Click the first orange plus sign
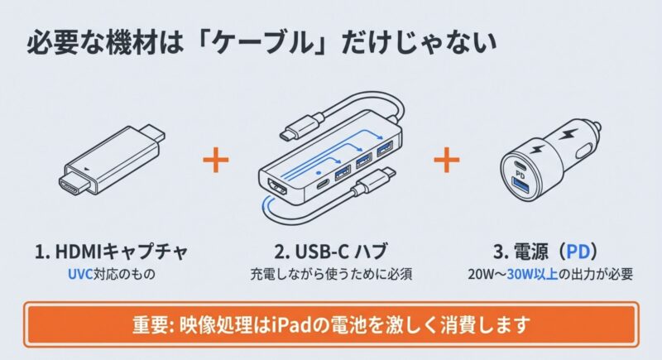pos(216,160)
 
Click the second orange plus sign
pos(447,160)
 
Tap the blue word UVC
pos(79,274)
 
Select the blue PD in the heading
pos(578,252)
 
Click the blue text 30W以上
pos(532,274)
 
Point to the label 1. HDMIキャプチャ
pos(112,252)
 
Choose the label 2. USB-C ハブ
pos(330,252)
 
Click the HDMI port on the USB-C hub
pos(278,189)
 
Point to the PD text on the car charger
pos(520,174)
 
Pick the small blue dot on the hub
pos(319,172)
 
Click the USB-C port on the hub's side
pos(323,185)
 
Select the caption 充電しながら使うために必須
pos(331,274)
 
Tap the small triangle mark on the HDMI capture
pos(87,168)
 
